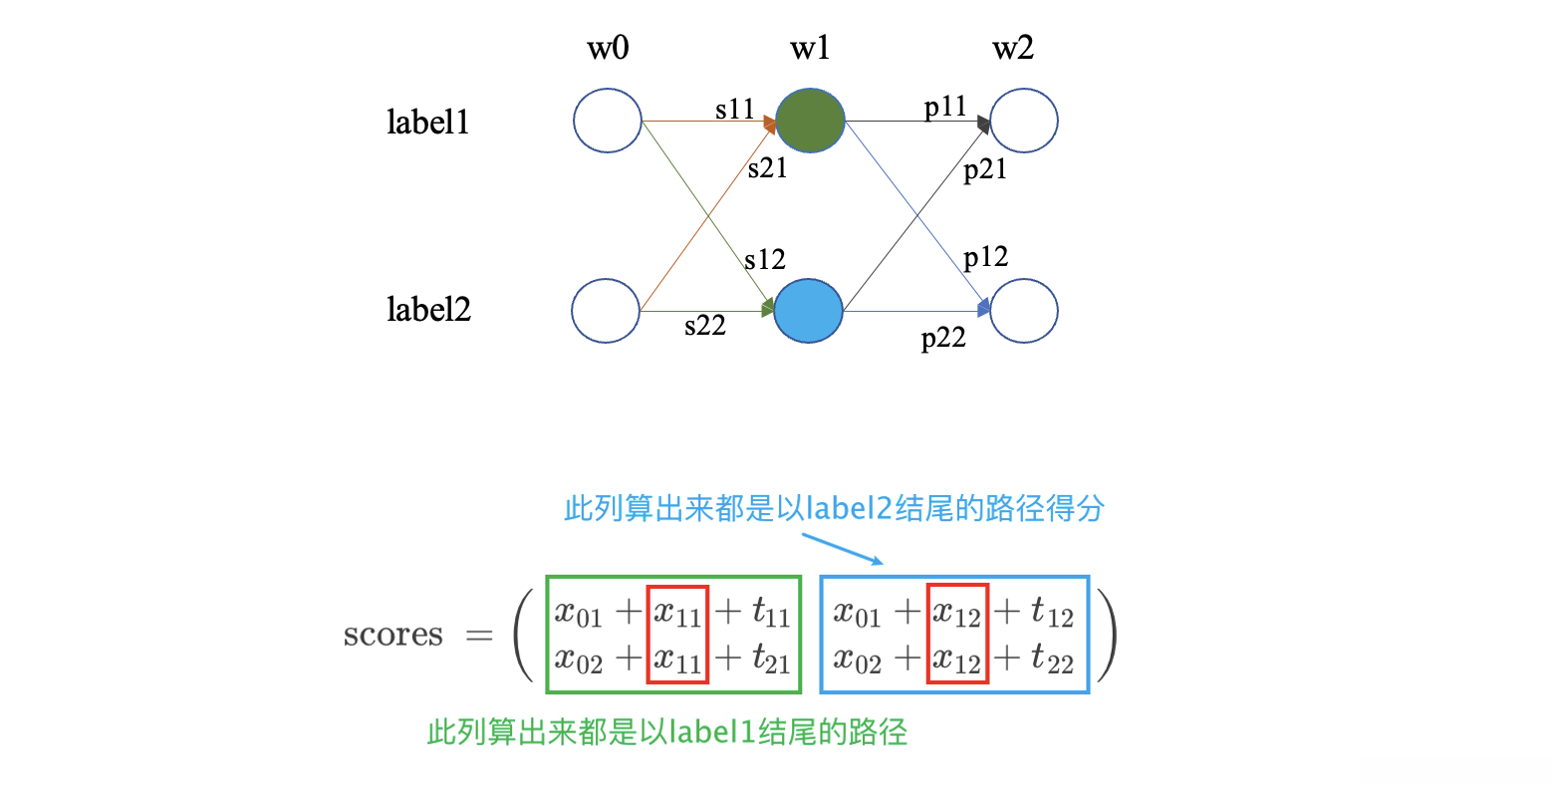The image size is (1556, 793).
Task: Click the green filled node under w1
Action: [810, 121]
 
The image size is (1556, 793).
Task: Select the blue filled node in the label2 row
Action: [808, 311]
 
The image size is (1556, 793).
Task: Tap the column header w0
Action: [608, 48]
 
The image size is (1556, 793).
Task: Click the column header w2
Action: [1013, 48]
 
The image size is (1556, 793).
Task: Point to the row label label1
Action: [428, 122]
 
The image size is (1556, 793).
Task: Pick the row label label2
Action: [428, 310]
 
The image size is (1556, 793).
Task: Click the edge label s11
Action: [735, 109]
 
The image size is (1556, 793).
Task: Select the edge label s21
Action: [767, 168]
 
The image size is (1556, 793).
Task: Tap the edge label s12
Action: [765, 259]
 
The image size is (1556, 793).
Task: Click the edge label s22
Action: [705, 325]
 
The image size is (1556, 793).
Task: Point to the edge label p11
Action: [945, 106]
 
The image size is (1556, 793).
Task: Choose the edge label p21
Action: [985, 169]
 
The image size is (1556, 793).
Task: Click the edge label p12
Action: [986, 258]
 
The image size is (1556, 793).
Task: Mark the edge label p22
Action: [943, 339]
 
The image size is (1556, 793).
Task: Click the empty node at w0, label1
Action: [608, 121]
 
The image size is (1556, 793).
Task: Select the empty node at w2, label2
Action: [1024, 311]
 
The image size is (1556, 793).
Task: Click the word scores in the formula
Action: [392, 635]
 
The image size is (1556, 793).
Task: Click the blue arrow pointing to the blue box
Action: [842, 549]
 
